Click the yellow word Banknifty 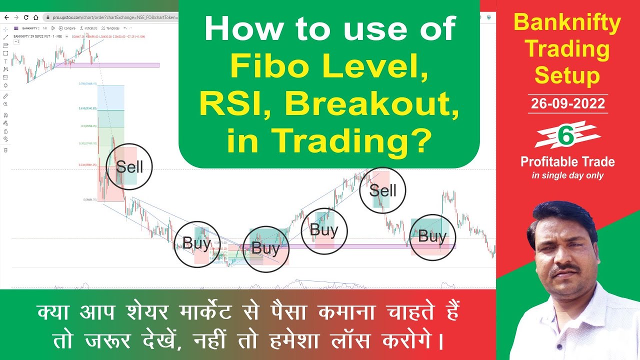tap(567, 22)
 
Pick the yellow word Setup tap(567, 76)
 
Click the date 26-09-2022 tap(567, 104)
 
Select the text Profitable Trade tap(567, 162)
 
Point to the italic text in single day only tap(567, 175)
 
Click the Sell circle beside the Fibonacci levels tap(129, 166)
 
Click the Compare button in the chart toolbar tap(67, 28)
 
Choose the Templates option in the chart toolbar tap(110, 28)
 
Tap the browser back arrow tap(6, 17)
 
